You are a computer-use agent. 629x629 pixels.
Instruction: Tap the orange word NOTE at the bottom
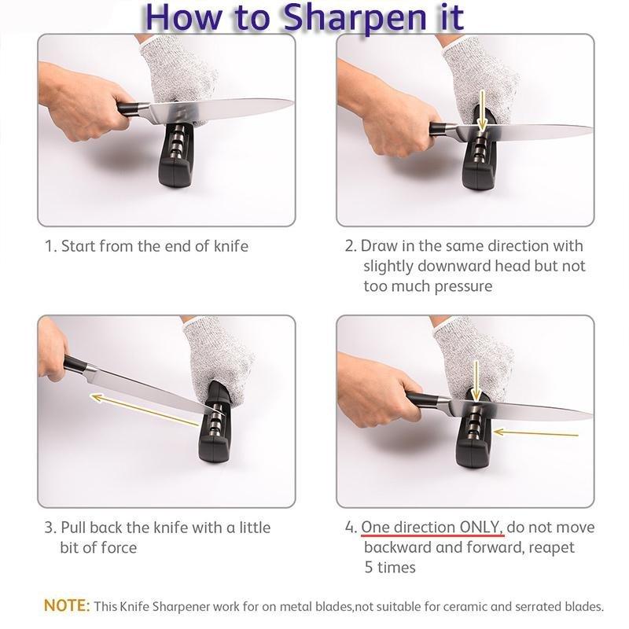pos(67,606)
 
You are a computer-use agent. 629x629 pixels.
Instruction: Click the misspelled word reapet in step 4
pos(548,546)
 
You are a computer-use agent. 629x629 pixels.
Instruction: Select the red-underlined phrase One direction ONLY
pos(432,527)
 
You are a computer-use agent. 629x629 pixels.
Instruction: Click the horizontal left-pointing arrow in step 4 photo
pos(535,432)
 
